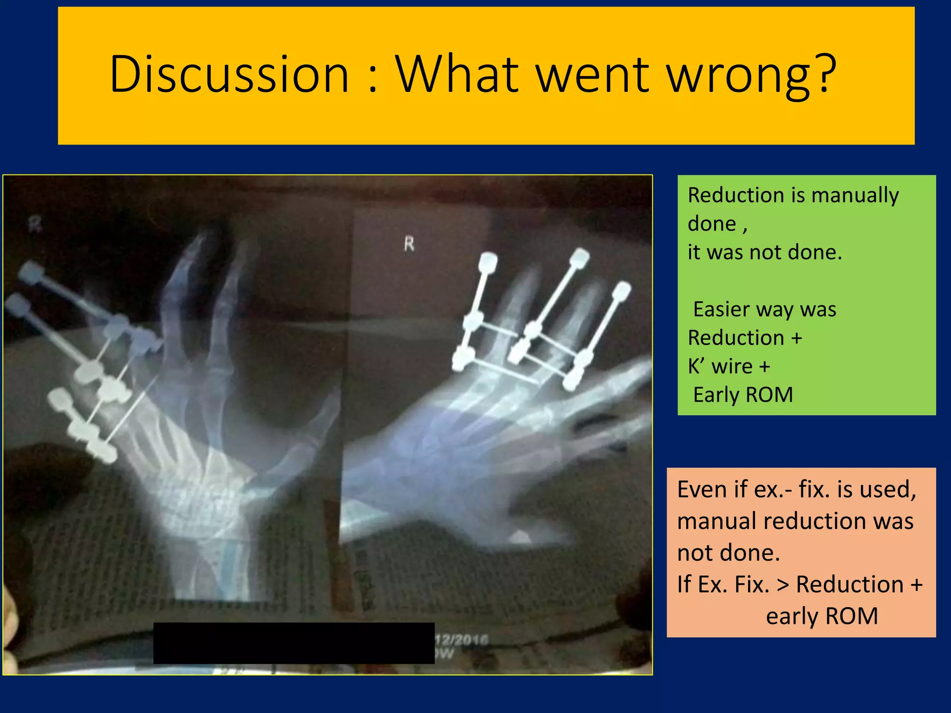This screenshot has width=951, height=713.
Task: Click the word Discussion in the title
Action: pyautogui.click(x=228, y=74)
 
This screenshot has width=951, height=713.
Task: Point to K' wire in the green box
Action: pyautogui.click(x=720, y=367)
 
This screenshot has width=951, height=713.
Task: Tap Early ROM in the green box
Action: pyautogui.click(x=743, y=395)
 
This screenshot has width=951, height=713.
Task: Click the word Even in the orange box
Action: pyautogui.click(x=703, y=490)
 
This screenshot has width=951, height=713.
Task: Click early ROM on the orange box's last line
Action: pyautogui.click(x=821, y=616)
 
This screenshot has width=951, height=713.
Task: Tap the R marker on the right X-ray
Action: pyautogui.click(x=409, y=243)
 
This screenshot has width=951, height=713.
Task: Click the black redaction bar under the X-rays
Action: pyautogui.click(x=293, y=643)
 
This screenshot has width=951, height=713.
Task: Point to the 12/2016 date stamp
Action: pyautogui.click(x=461, y=641)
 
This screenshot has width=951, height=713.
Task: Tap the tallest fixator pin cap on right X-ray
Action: pyautogui.click(x=579, y=257)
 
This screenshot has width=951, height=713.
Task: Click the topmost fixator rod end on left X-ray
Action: pyautogui.click(x=31, y=271)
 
